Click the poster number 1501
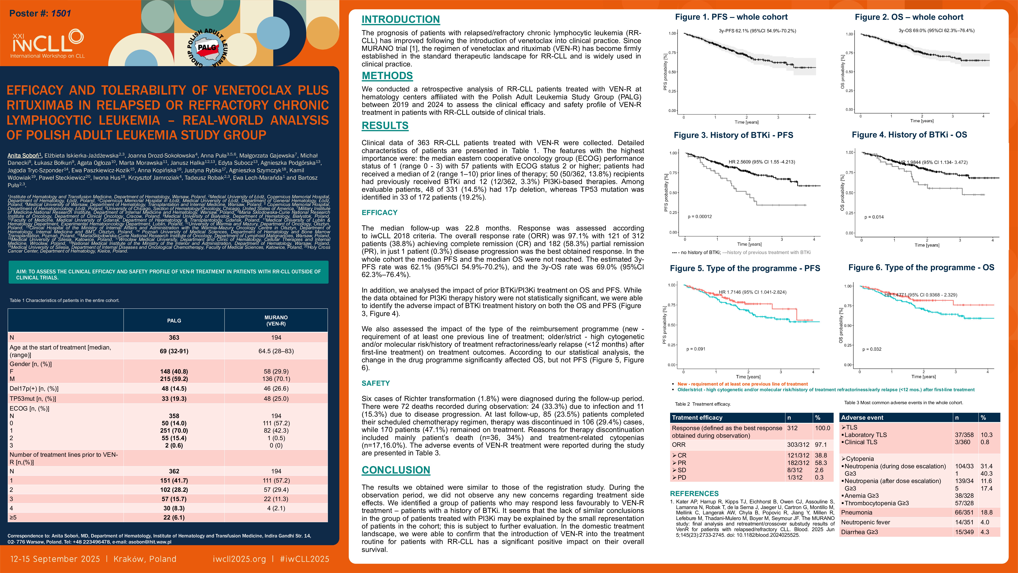click(61, 13)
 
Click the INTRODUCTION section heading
click(400, 19)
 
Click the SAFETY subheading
click(375, 383)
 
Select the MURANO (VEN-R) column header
click(276, 320)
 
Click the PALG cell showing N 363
click(174, 337)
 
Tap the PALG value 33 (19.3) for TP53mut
click(174, 399)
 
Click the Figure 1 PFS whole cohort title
click(731, 17)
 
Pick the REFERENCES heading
click(694, 494)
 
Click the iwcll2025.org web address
click(239, 559)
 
